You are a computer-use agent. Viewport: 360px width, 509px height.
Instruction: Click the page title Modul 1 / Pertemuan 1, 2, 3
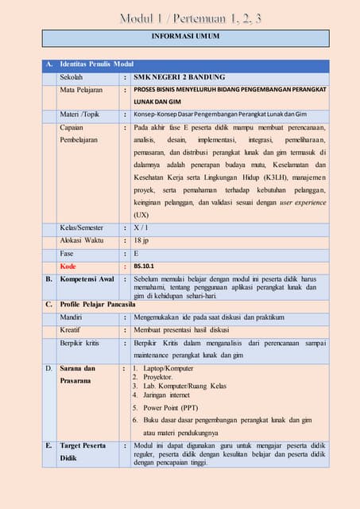click(180, 17)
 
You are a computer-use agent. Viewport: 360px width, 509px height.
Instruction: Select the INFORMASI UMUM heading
click(179, 37)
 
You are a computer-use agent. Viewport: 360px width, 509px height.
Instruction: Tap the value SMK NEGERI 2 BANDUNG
click(180, 77)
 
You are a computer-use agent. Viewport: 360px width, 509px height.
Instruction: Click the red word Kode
click(68, 266)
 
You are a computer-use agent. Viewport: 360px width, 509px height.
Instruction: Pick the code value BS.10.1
click(145, 266)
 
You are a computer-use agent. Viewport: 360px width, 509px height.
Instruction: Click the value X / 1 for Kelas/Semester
click(143, 227)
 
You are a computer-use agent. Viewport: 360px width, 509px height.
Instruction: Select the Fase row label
click(68, 253)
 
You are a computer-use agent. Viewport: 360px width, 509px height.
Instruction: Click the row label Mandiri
click(72, 317)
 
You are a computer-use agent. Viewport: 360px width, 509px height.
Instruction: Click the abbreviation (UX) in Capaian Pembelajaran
click(141, 215)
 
